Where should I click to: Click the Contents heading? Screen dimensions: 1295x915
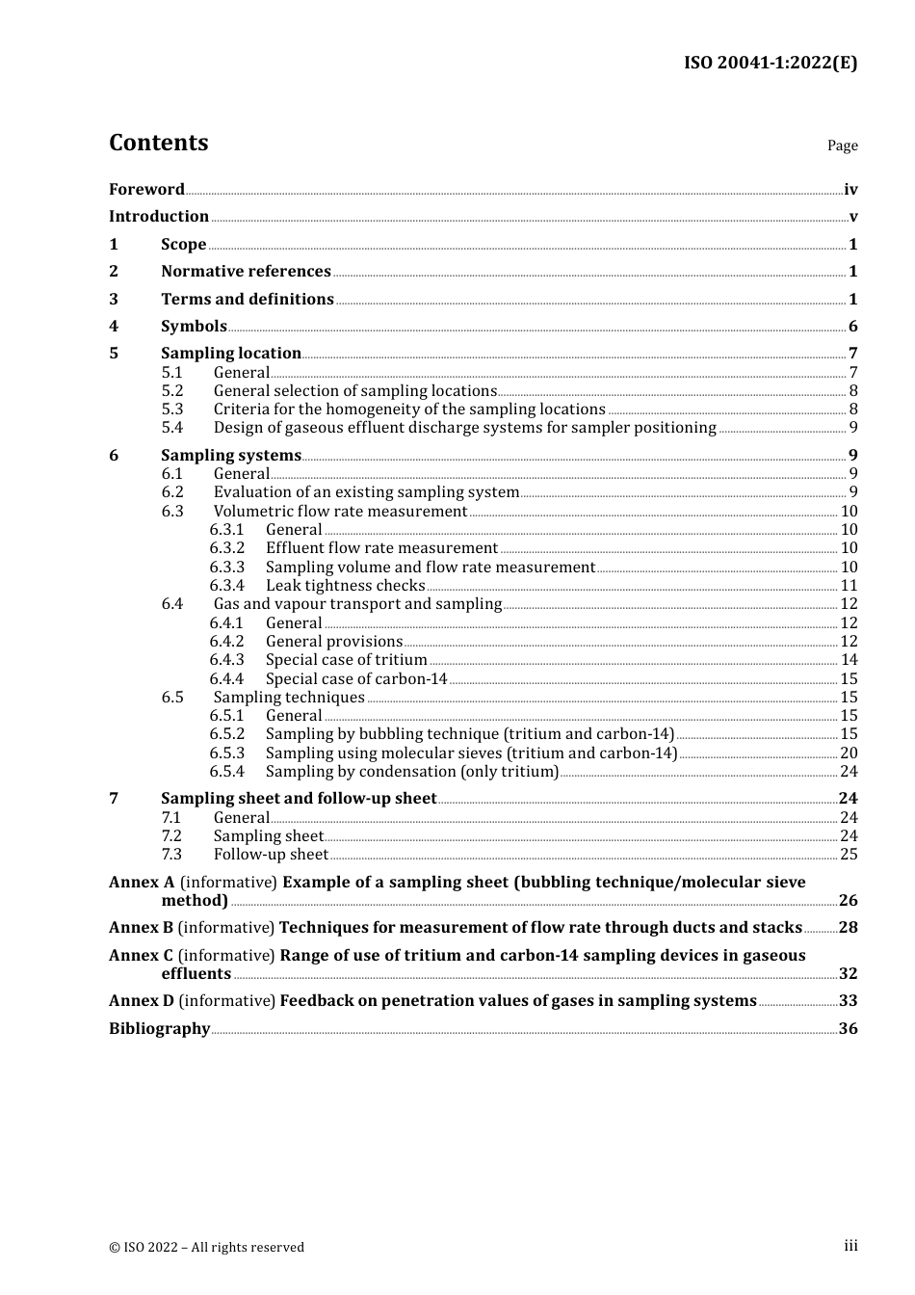click(158, 143)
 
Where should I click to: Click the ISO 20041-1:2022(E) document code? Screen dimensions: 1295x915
click(770, 63)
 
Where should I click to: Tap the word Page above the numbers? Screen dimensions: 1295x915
click(842, 145)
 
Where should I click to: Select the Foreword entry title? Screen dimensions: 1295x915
click(146, 190)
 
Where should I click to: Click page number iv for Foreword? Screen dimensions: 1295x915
click(850, 190)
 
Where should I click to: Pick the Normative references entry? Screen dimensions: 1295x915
click(246, 272)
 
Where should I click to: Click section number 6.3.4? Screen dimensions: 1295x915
click(227, 586)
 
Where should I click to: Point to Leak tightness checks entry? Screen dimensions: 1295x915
click(345, 586)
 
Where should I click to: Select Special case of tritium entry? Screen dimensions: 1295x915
click(346, 660)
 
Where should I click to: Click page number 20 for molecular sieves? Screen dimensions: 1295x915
click(849, 753)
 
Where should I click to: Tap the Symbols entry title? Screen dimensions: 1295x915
click(194, 327)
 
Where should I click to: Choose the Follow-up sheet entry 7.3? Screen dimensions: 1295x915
click(271, 855)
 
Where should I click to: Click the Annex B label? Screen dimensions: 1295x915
click(141, 928)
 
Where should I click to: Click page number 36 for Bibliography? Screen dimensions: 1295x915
click(848, 1029)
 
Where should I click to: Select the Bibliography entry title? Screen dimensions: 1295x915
click(159, 1029)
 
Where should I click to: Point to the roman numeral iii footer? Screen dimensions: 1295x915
click(850, 1246)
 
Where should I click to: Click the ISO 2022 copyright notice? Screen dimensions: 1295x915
click(206, 1248)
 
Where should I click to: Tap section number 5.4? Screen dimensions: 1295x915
click(172, 428)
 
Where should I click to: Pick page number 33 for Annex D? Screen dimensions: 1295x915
click(848, 1001)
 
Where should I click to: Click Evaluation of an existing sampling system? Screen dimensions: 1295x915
click(366, 492)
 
